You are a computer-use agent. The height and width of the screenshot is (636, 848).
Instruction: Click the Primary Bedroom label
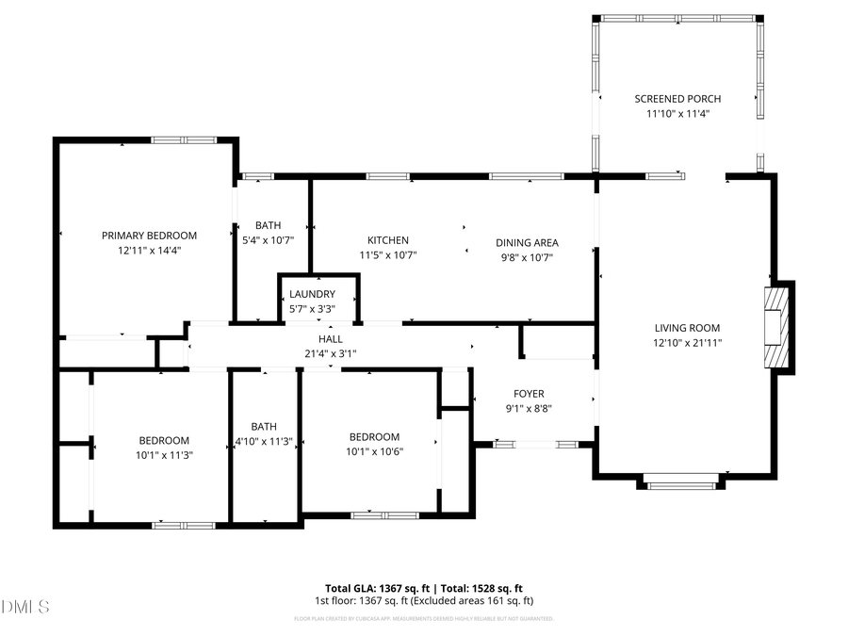[149, 236]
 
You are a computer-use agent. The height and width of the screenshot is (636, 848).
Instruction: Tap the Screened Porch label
[677, 99]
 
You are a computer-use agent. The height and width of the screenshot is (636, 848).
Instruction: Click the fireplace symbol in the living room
[775, 328]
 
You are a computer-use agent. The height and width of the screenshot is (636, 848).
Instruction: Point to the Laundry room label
[312, 294]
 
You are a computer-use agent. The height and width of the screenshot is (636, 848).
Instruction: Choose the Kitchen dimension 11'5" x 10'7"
[387, 255]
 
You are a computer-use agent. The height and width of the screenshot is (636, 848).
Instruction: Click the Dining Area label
[527, 242]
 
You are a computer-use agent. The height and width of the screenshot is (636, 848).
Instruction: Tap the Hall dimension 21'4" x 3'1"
[330, 353]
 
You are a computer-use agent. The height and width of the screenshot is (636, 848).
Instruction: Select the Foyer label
[529, 394]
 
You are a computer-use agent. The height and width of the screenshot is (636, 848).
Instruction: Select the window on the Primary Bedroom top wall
[184, 140]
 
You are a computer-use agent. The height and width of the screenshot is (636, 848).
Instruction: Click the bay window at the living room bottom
[682, 486]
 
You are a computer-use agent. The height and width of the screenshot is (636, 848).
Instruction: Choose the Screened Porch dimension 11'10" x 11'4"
[677, 114]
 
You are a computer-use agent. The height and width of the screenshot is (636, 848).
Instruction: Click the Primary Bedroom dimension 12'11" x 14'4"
[149, 251]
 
